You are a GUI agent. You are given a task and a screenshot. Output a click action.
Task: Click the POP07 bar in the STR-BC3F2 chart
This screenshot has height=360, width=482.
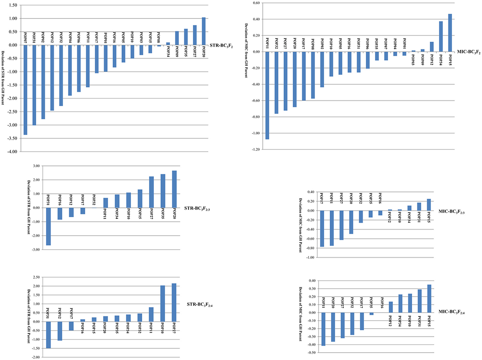coord(26,90)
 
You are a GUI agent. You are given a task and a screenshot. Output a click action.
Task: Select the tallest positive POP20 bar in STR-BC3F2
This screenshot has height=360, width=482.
coord(204,31)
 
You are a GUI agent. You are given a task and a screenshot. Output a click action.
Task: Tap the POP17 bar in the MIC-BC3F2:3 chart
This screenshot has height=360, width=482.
coord(322,228)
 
